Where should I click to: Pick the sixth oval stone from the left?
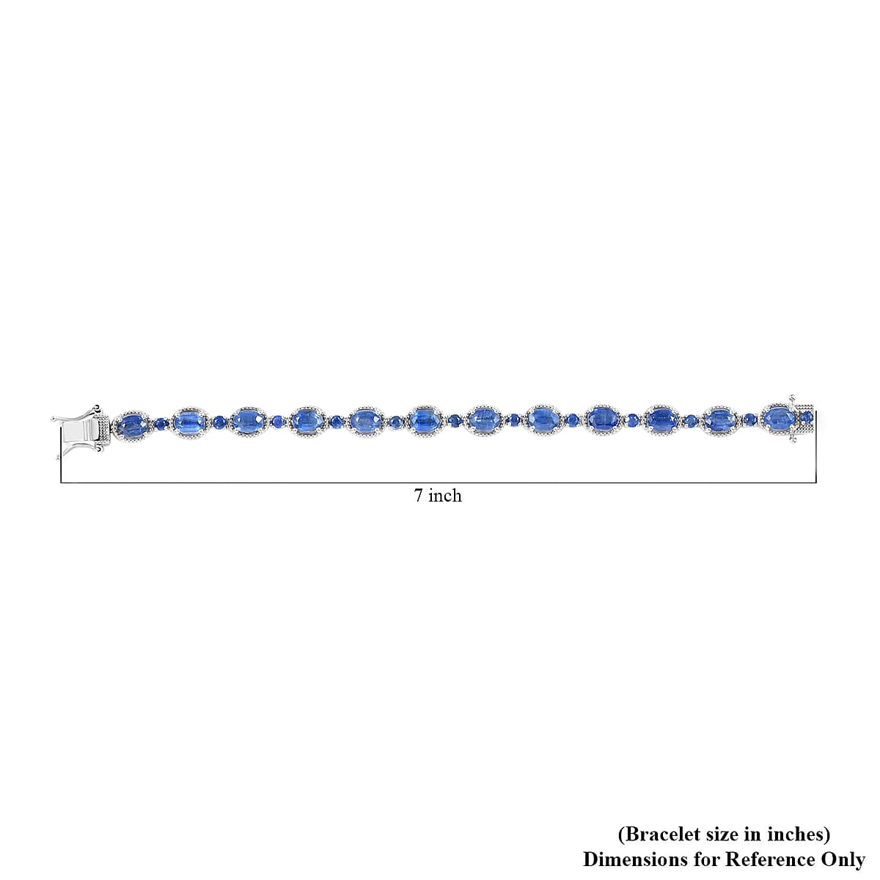[424, 420]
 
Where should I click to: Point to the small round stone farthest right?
[807, 417]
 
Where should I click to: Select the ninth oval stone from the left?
[601, 419]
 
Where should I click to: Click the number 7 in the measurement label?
[418, 496]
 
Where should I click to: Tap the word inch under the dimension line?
[444, 496]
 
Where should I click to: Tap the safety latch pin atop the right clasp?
[792, 399]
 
